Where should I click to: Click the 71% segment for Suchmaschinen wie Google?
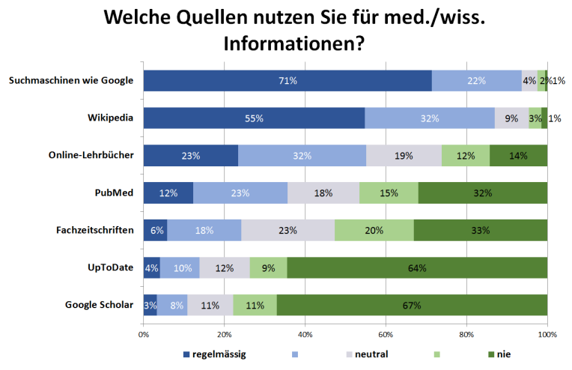point(287,80)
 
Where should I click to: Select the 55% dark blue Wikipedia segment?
point(254,118)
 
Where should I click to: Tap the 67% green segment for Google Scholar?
point(412,305)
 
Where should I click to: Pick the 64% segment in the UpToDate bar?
point(417,267)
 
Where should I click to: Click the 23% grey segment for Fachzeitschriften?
point(287,230)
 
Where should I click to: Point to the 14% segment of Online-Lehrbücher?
point(518,155)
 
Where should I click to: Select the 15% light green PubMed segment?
point(389,192)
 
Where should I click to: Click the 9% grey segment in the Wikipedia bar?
point(511,118)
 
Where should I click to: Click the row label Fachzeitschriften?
point(95,230)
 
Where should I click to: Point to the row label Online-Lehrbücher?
point(91,155)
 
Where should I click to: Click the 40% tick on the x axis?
point(305,333)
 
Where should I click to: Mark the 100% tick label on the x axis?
point(547,333)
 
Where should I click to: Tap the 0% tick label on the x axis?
point(143,333)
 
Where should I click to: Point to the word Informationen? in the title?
point(293,44)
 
